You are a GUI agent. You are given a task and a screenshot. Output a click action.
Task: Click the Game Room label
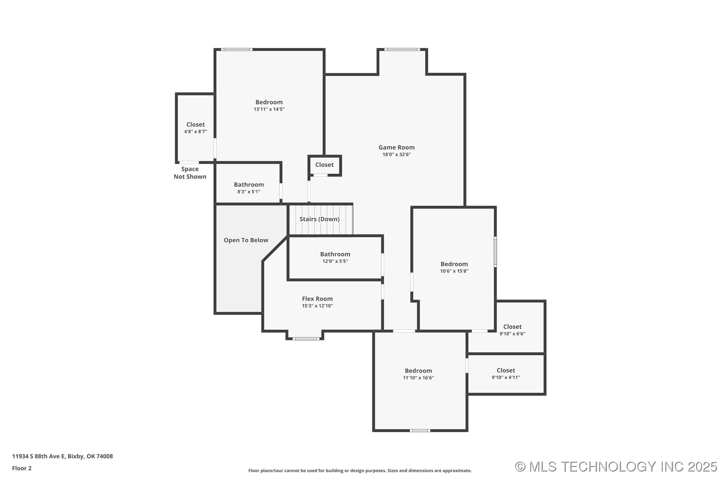[x=396, y=148]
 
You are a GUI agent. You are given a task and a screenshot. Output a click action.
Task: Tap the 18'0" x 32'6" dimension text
[x=396, y=155]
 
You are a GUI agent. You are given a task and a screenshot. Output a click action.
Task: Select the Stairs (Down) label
[x=320, y=219]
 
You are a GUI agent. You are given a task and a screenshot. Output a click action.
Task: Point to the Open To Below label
[x=246, y=240]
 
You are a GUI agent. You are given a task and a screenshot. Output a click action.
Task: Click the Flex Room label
[x=317, y=299]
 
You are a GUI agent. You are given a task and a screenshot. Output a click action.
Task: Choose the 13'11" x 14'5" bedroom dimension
[x=269, y=109]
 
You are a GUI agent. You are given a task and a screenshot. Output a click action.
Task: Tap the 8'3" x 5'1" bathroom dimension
[x=249, y=192]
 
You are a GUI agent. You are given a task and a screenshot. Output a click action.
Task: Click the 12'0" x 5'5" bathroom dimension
[x=335, y=261]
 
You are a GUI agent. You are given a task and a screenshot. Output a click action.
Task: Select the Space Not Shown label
[x=190, y=173]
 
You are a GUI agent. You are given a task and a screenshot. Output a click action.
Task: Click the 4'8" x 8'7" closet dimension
[x=196, y=132]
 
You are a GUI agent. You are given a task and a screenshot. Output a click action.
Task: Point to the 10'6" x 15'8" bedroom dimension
[x=454, y=271]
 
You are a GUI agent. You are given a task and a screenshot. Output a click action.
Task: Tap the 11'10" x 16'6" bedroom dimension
[x=418, y=378]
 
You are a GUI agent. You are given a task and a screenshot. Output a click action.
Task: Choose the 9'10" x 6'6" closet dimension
[x=512, y=334]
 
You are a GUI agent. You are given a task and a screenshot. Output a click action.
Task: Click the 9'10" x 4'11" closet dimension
[x=506, y=377]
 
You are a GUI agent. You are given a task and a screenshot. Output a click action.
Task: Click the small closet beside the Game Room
[x=325, y=165]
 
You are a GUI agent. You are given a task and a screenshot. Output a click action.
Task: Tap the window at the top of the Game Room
[x=402, y=50]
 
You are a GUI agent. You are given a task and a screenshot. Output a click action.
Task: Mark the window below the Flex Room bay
[x=306, y=339]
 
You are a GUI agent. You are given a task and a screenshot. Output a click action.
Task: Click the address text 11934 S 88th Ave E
[x=39, y=456]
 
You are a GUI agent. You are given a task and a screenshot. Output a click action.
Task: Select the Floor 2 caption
[x=22, y=468]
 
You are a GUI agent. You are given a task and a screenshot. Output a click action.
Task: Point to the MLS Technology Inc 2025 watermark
[x=616, y=467]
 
